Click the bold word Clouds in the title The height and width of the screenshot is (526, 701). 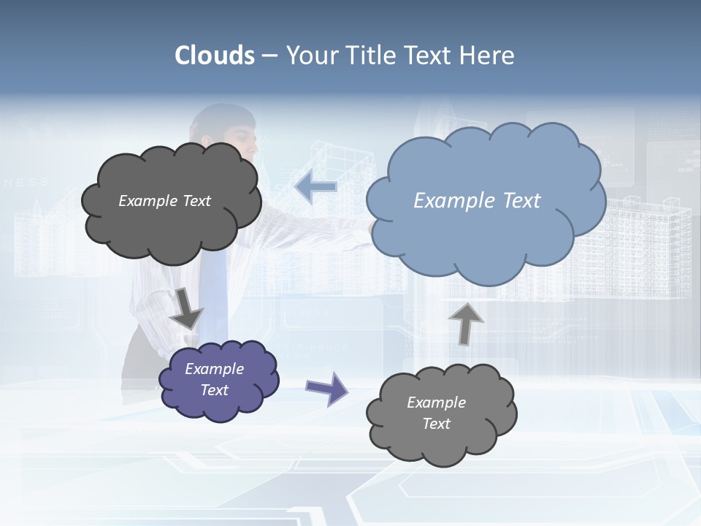tap(215, 56)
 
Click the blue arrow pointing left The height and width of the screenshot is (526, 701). tap(316, 187)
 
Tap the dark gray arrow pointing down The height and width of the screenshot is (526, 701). tap(185, 308)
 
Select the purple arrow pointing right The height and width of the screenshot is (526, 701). tap(326, 388)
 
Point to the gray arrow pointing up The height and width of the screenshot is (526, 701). tap(466, 323)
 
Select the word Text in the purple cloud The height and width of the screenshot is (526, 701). tap(215, 390)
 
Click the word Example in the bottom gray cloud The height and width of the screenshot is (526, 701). tap(436, 403)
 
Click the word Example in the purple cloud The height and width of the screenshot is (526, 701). tap(215, 369)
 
